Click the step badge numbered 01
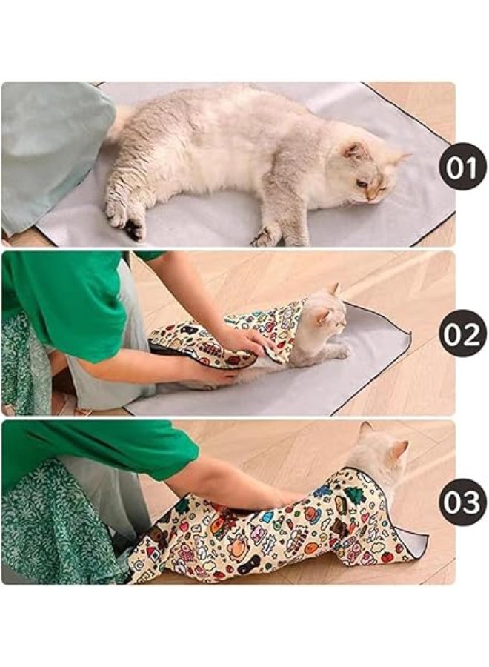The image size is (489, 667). (462, 167)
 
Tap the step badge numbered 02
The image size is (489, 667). (462, 334)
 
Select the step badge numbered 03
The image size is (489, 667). (462, 502)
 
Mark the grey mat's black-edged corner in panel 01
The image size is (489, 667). (448, 214)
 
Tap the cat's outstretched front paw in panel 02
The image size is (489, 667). (341, 353)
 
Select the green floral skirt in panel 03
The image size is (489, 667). (52, 534)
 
